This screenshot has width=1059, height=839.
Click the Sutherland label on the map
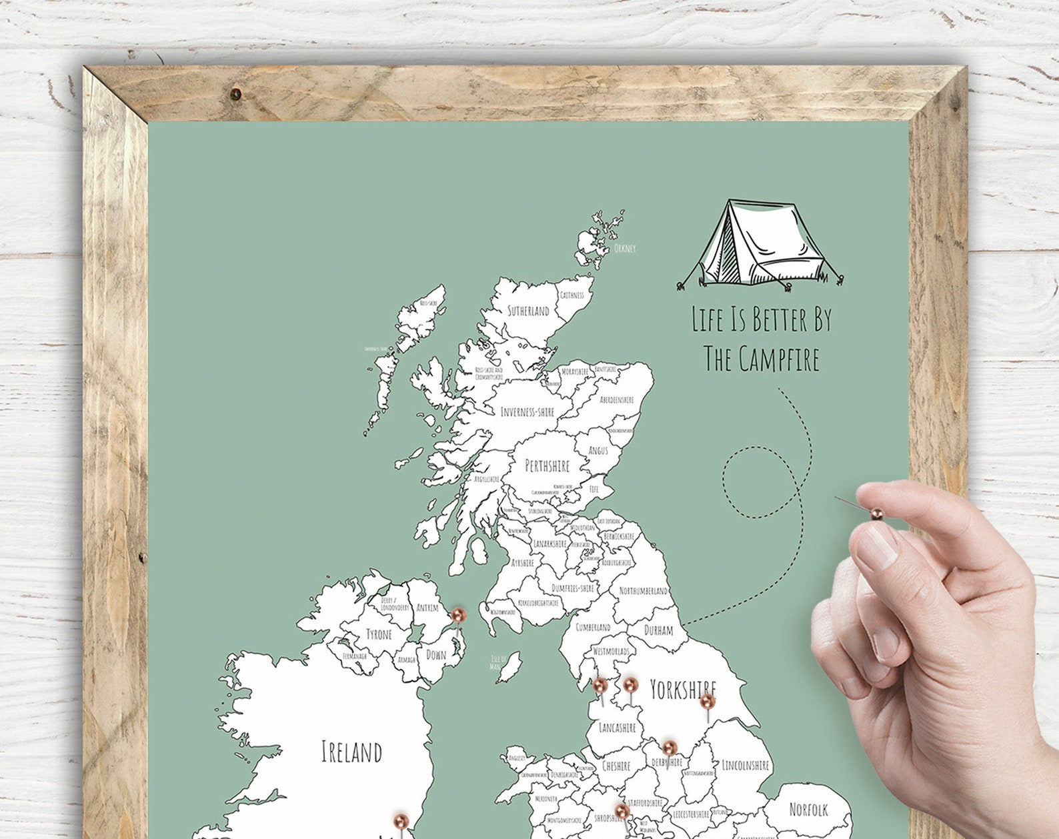coord(528,311)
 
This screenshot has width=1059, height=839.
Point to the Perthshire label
coord(548,466)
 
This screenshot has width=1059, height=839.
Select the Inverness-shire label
coord(527,412)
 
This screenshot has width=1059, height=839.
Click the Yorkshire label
coord(682,690)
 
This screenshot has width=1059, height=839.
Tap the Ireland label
coord(351,752)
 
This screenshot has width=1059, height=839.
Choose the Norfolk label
coord(808,810)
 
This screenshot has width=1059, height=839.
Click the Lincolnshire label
coord(746,766)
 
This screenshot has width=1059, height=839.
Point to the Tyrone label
coord(379,634)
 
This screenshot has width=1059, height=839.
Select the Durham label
coord(658,630)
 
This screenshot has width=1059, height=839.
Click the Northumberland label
coord(643,591)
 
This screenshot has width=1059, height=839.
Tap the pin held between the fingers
coord(876,514)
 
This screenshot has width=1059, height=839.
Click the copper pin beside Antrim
coord(458,615)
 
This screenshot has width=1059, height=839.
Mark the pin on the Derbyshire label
coord(670,747)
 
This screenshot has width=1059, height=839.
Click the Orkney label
coord(625,249)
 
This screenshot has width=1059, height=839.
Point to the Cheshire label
coord(616,766)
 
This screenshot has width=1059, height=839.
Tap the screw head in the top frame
coord(235,94)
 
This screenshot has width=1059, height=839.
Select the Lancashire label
coord(617,728)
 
